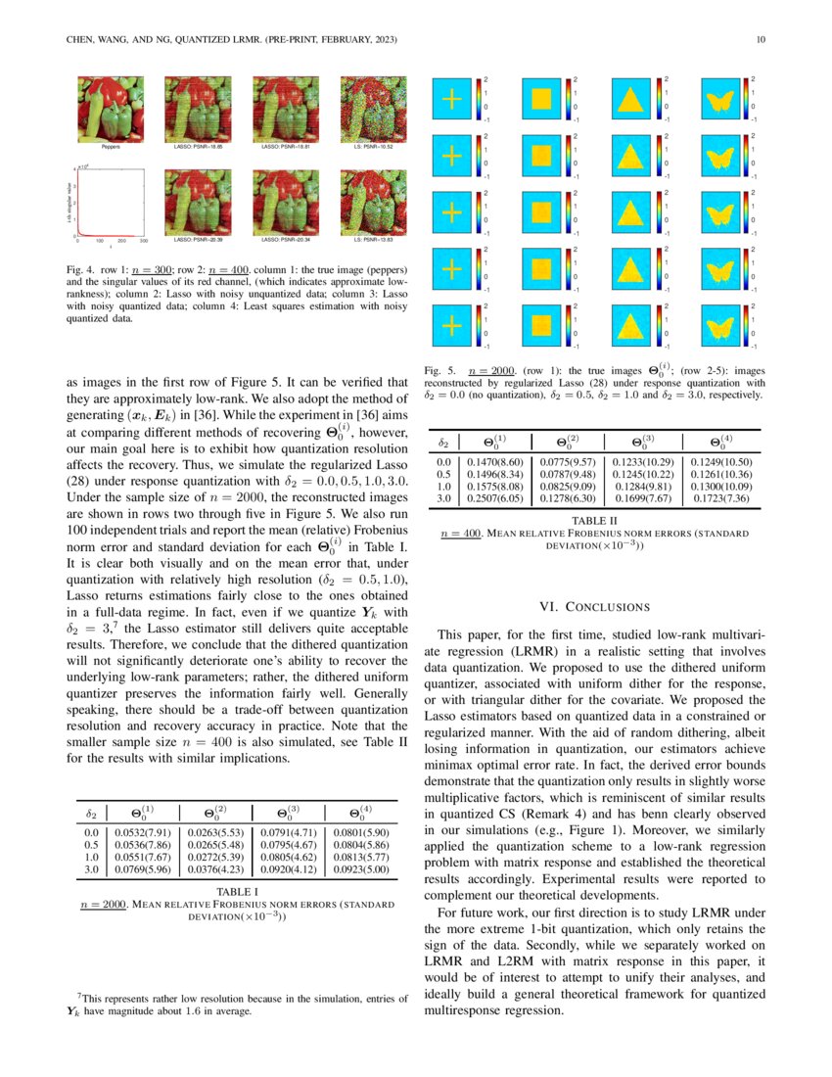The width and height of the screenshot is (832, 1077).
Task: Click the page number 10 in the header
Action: (x=760, y=40)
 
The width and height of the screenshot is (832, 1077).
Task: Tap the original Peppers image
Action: (x=111, y=110)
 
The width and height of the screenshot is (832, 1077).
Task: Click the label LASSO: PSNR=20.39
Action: (x=198, y=238)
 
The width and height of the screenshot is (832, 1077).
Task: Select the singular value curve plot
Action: (x=111, y=203)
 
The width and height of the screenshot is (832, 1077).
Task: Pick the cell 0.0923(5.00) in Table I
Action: (x=362, y=868)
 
